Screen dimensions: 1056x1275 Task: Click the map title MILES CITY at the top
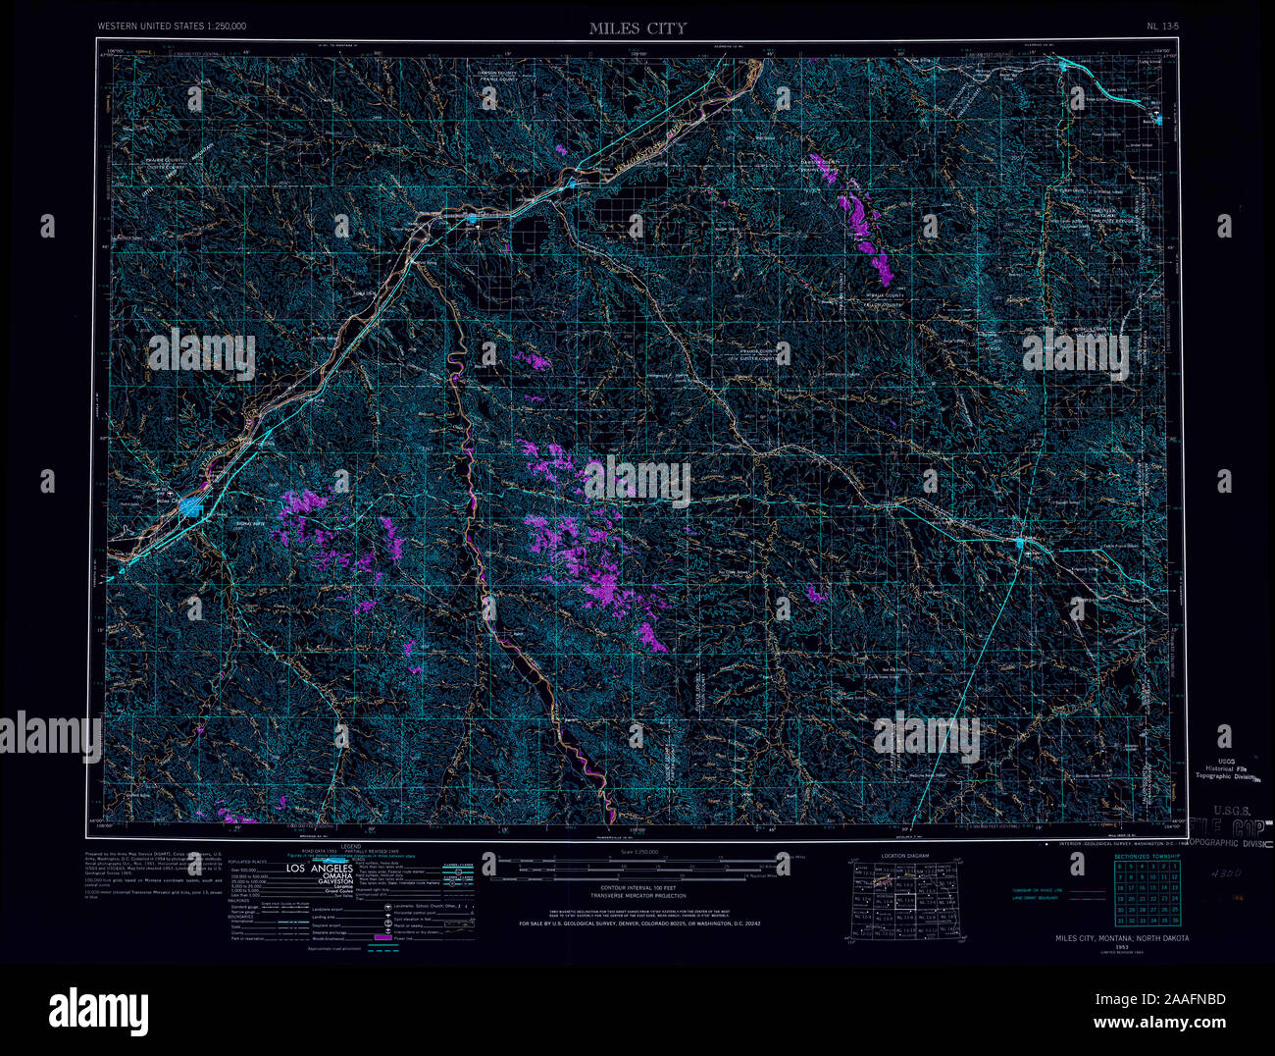click(x=637, y=28)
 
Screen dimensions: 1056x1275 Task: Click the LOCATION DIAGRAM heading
click(x=903, y=856)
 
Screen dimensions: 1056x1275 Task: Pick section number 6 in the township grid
click(x=1120, y=867)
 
